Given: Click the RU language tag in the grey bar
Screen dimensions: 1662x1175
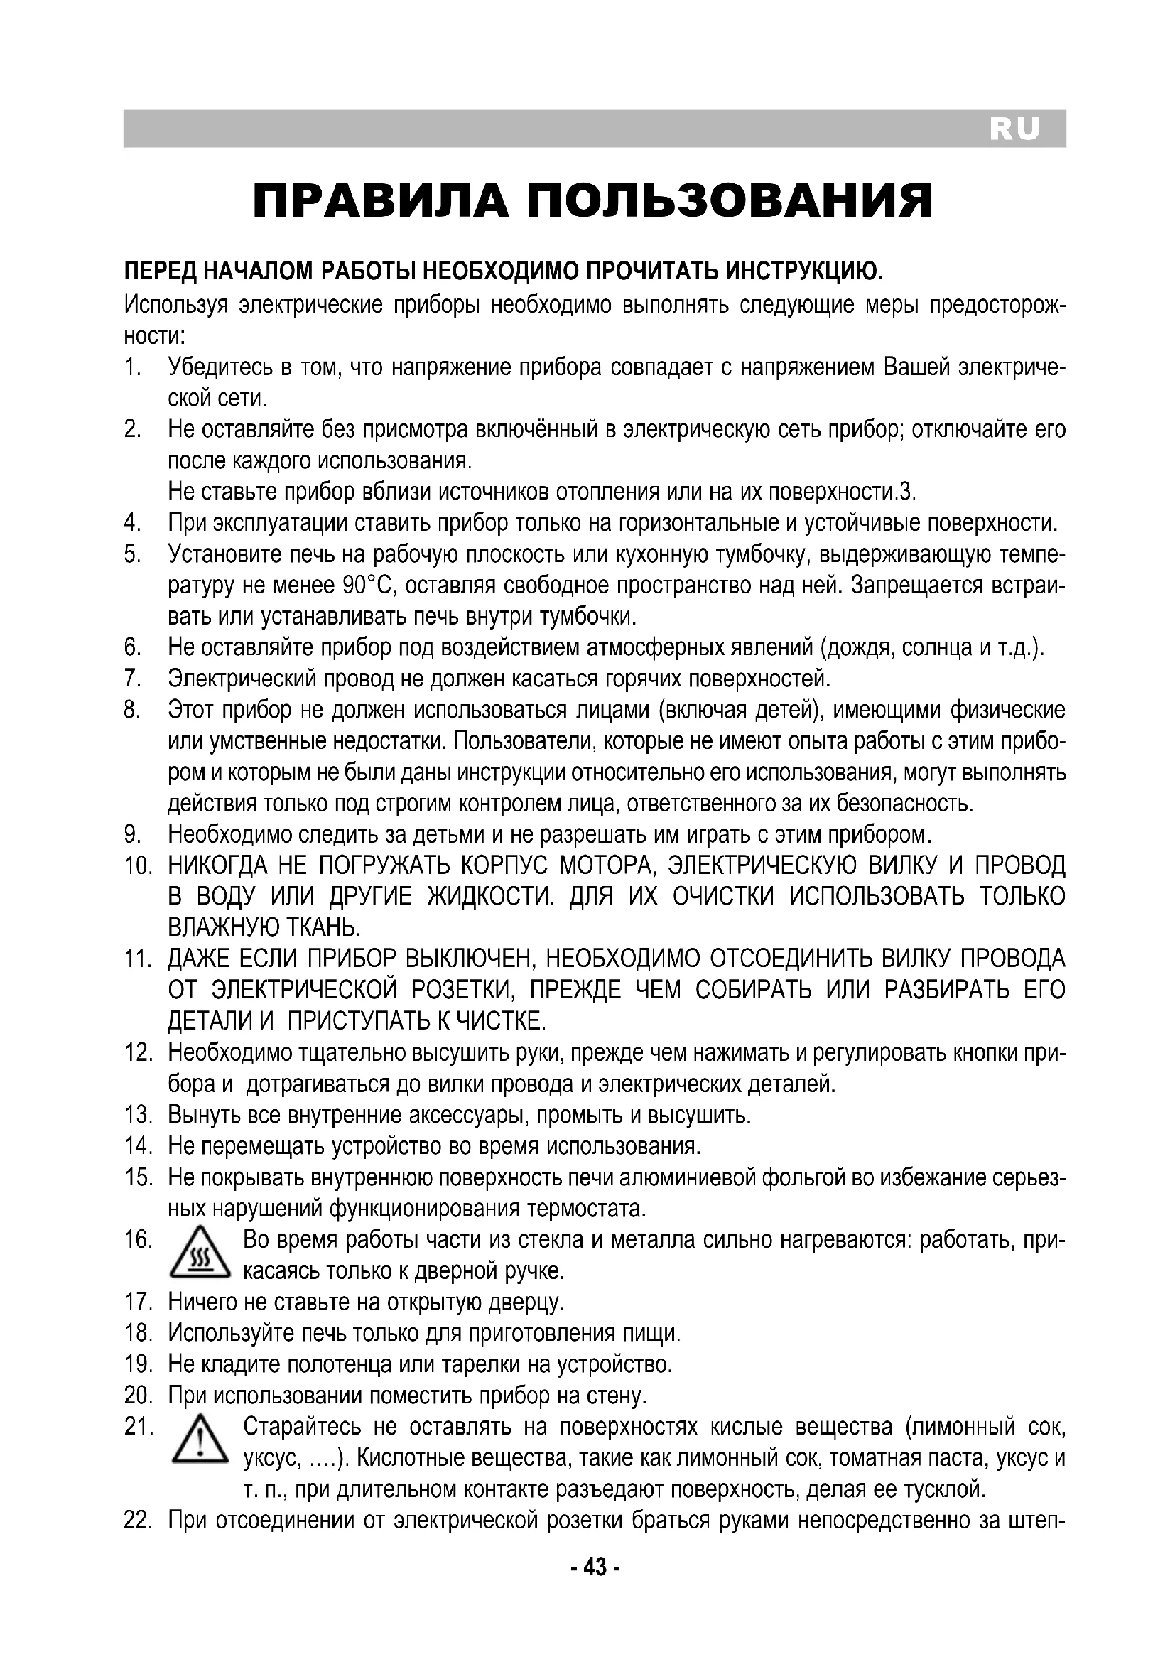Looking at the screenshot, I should tap(1014, 129).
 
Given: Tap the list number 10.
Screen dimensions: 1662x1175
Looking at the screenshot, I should tap(138, 865).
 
